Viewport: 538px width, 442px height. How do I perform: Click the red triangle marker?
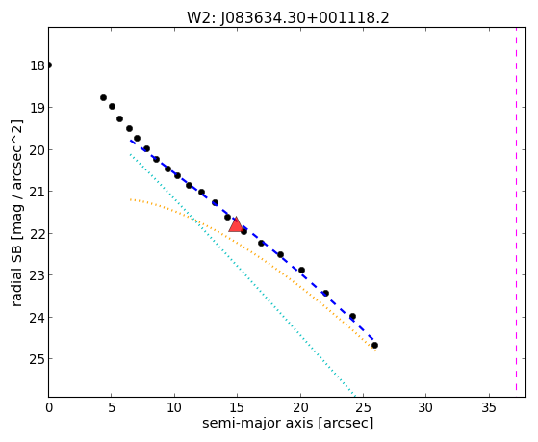click(236, 224)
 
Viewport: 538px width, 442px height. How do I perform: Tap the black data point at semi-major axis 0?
click(49, 65)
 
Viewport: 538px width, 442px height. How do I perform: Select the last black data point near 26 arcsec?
click(374, 345)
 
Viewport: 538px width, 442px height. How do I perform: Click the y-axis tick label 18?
click(38, 65)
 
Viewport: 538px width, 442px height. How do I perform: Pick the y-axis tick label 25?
click(38, 359)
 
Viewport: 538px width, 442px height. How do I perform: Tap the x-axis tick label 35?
click(489, 407)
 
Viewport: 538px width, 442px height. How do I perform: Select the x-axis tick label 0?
click(49, 407)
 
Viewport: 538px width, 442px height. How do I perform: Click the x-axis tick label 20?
click(300, 407)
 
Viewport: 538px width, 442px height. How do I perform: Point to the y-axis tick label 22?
click(38, 234)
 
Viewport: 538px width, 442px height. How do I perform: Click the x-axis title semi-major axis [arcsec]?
click(288, 423)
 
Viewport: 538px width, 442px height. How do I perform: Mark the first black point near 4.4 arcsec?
click(103, 97)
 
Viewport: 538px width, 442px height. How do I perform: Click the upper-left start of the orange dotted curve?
click(131, 199)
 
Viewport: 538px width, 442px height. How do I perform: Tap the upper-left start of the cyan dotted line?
click(130, 154)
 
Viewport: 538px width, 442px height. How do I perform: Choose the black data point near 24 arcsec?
click(352, 316)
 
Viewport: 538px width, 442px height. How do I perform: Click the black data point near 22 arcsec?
click(325, 293)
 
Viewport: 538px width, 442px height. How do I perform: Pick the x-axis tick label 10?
click(174, 407)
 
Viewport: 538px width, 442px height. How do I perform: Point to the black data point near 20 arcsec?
click(301, 270)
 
